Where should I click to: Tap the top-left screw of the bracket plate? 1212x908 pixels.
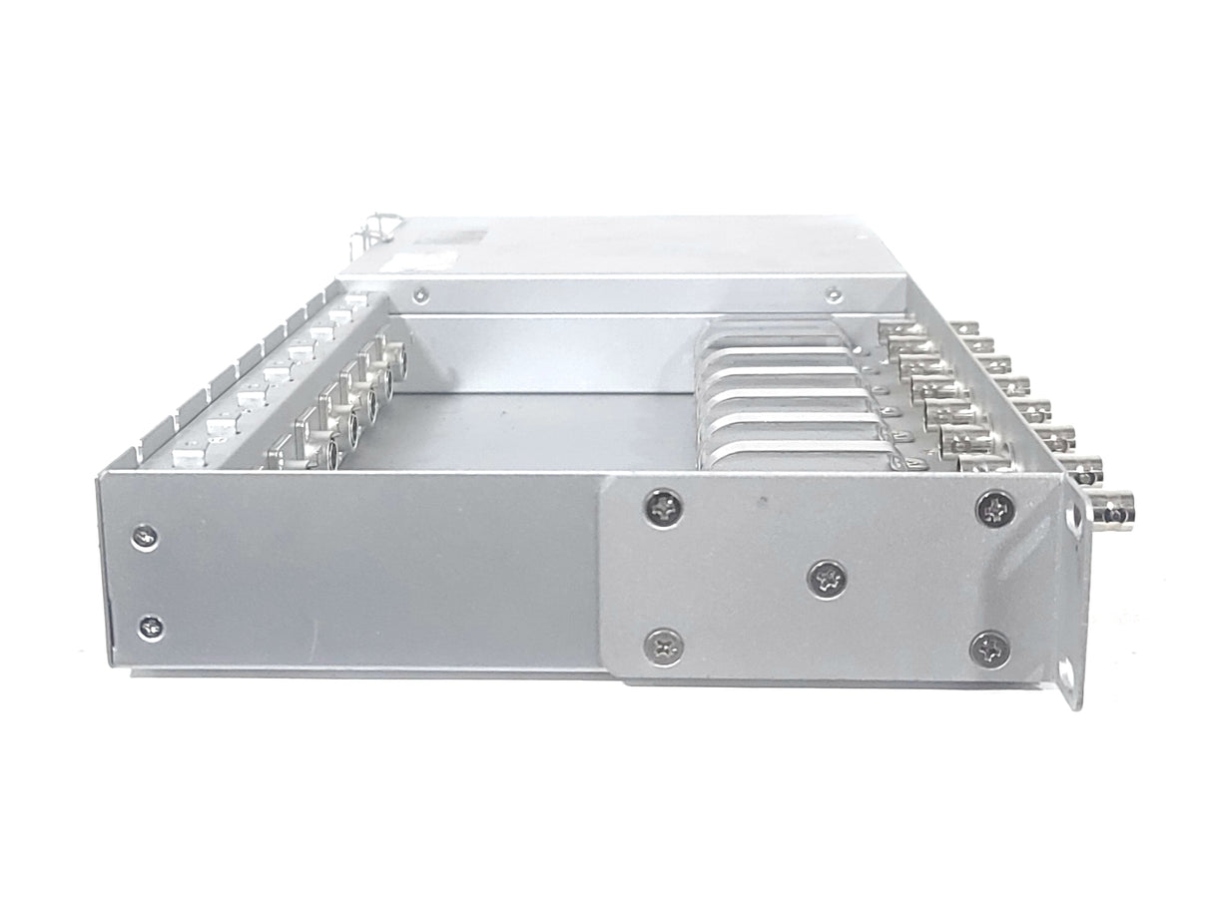662,508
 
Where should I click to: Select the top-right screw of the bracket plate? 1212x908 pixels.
994,508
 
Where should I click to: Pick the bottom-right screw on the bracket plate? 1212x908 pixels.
989,649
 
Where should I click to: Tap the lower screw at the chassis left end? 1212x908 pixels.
151,628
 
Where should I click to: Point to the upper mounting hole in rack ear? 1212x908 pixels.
1076,520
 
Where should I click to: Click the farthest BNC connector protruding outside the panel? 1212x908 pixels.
963,327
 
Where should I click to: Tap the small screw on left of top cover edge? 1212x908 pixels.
421,294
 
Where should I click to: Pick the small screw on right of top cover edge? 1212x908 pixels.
833,294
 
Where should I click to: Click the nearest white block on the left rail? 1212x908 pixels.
187,458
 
